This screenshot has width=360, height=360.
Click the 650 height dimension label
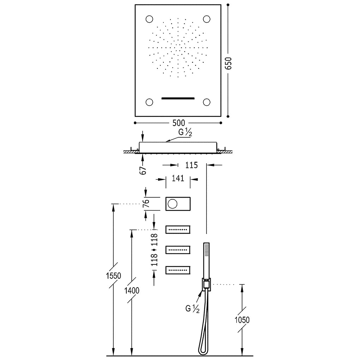point(228,64)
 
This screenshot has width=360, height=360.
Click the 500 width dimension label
point(179,123)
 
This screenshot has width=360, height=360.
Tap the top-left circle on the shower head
point(149,19)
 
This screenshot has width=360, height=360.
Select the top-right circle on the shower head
point(206,19)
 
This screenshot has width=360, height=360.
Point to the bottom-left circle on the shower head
point(149,102)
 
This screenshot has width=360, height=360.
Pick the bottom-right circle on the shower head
point(206,102)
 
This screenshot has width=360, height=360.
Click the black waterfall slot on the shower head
point(178,98)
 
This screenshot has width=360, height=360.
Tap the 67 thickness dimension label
point(143,170)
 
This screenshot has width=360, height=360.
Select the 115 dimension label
point(191,165)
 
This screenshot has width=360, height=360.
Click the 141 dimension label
point(178,178)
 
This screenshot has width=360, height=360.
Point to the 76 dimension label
point(146,203)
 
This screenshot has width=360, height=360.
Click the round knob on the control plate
point(173,204)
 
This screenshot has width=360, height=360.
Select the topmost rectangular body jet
point(178,230)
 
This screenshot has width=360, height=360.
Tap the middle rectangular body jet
point(178,250)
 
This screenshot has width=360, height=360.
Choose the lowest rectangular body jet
point(178,270)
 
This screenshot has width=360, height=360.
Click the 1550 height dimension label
point(113,276)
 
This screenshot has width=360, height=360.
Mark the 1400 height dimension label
point(132,291)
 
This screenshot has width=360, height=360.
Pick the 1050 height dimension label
point(242,320)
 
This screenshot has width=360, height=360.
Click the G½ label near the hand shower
point(192,309)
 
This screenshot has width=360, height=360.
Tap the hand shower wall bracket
point(206,285)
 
